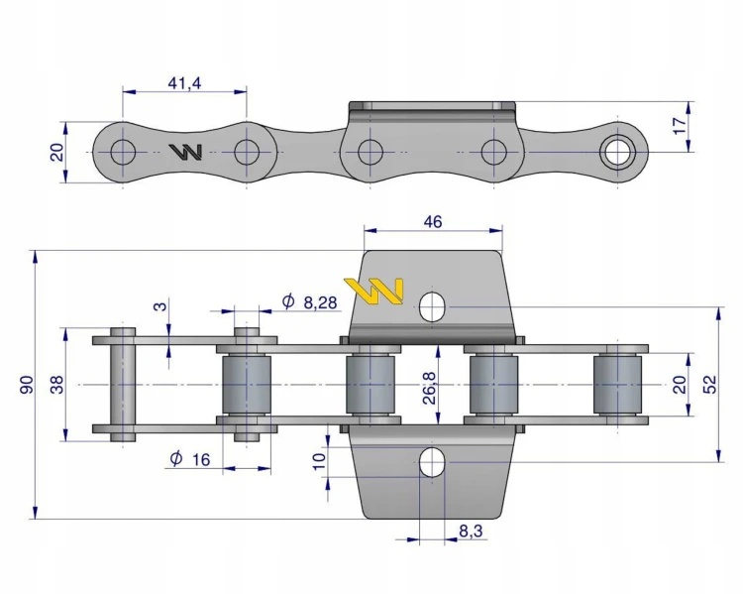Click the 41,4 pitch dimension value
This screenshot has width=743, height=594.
click(x=184, y=83)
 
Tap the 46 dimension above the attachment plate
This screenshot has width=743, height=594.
click(x=433, y=221)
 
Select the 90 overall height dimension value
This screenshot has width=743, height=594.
click(x=27, y=385)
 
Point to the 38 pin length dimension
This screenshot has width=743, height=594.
click(x=56, y=385)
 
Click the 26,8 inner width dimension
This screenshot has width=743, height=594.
click(x=429, y=388)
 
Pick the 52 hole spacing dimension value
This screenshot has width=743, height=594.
click(x=710, y=385)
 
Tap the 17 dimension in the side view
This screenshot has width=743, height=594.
click(x=680, y=126)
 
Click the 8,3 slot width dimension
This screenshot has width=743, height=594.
click(x=471, y=531)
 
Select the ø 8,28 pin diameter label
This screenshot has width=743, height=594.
click(x=309, y=301)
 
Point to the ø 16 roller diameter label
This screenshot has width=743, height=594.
click(x=189, y=459)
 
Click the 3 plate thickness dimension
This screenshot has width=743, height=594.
click(x=161, y=306)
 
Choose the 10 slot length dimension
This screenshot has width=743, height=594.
click(x=319, y=461)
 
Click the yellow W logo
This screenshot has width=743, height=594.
click(x=373, y=291)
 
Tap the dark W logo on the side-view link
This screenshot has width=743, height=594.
click(x=186, y=152)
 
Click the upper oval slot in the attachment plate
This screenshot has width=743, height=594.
click(x=432, y=307)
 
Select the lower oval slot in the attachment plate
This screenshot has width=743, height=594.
click(x=432, y=462)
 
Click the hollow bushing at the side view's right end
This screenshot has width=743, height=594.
click(x=617, y=152)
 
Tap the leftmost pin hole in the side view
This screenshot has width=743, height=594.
click(x=123, y=152)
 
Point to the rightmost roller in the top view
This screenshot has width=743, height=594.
click(x=617, y=385)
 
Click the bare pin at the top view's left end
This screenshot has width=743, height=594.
click(x=123, y=385)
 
